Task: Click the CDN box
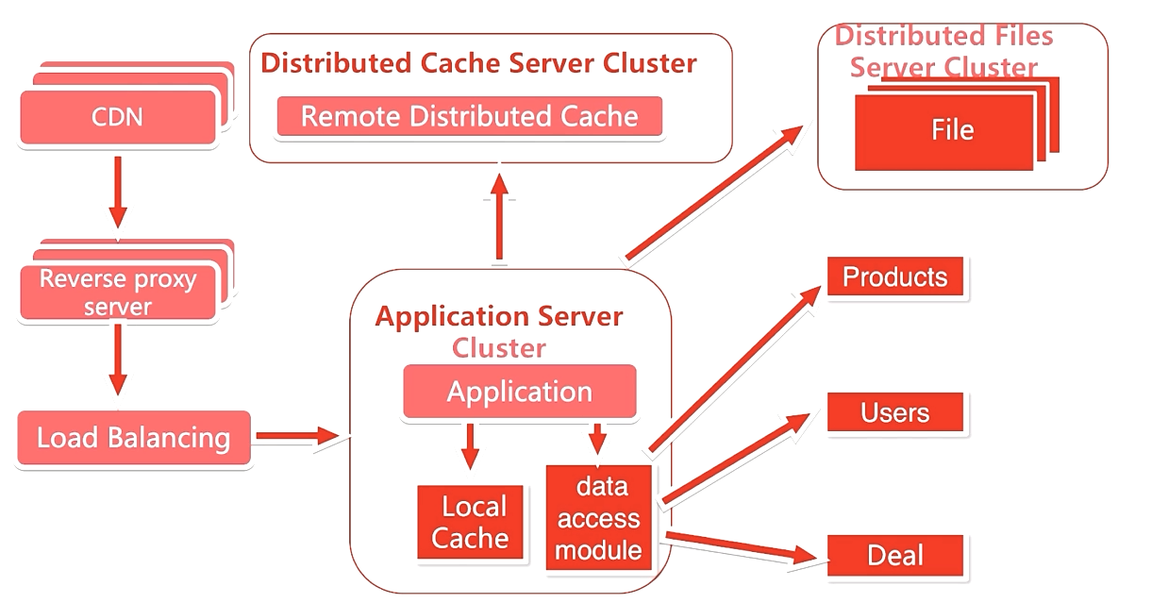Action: [118, 118]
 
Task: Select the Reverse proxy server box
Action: [118, 293]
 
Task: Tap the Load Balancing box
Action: [134, 438]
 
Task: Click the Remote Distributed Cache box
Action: [469, 117]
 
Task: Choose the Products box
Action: [894, 277]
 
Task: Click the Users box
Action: [894, 413]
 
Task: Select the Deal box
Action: [894, 555]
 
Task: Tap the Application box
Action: [520, 392]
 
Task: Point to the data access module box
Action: [597, 517]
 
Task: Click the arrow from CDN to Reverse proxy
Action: [118, 191]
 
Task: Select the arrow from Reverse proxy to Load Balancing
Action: [118, 360]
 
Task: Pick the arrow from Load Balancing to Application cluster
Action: [296, 436]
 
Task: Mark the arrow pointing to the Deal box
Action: [742, 547]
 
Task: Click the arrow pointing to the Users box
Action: [736, 457]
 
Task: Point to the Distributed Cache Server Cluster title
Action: [478, 63]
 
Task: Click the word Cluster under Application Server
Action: [499, 348]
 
